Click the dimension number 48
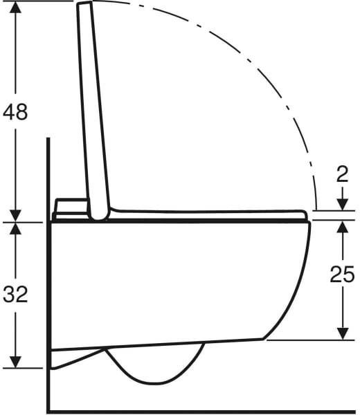(15, 111)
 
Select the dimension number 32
(15, 295)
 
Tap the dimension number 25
(342, 274)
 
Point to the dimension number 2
(342, 175)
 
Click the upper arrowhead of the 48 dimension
(16, 8)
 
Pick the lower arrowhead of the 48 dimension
(16, 215)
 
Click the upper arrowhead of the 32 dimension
(16, 229)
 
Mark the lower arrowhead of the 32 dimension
(16, 362)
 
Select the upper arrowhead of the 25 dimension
(343, 228)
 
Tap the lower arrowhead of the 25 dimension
(343, 333)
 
